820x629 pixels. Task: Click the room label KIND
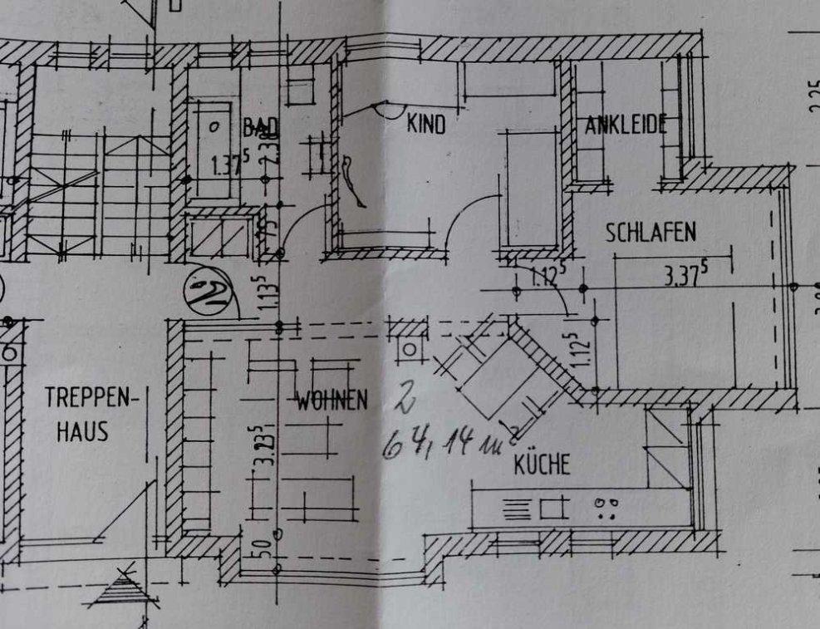point(426,125)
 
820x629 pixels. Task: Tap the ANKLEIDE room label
point(626,125)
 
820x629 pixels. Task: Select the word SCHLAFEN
point(651,233)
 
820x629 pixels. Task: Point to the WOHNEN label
point(331,402)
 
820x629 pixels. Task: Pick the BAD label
point(260,127)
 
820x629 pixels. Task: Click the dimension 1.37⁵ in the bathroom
point(225,165)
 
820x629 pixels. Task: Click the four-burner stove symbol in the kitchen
point(609,508)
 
